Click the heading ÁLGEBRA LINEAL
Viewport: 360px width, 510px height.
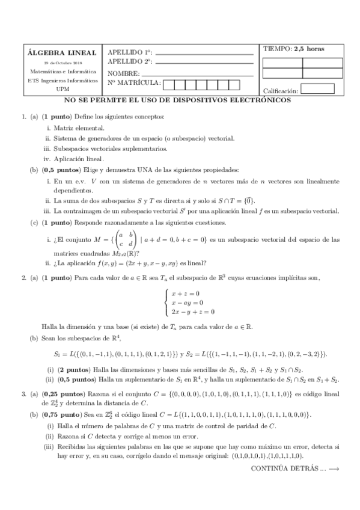(x=58, y=52)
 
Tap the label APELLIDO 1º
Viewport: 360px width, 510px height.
(x=130, y=52)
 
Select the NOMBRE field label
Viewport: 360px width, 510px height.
(x=124, y=72)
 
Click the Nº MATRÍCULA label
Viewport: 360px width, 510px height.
(x=134, y=82)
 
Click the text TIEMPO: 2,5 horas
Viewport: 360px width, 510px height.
(x=293, y=49)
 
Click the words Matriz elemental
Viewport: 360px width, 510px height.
(x=79, y=128)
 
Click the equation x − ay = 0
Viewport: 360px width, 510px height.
(x=187, y=303)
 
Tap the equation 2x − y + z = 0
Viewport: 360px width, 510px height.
(x=192, y=312)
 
